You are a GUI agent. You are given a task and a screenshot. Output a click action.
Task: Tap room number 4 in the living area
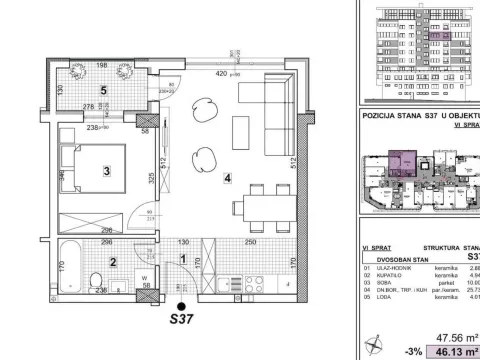point(228,180)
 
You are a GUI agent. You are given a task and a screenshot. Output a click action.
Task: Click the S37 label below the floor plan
point(181,319)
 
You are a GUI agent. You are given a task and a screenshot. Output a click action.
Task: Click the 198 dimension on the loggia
point(101,66)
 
